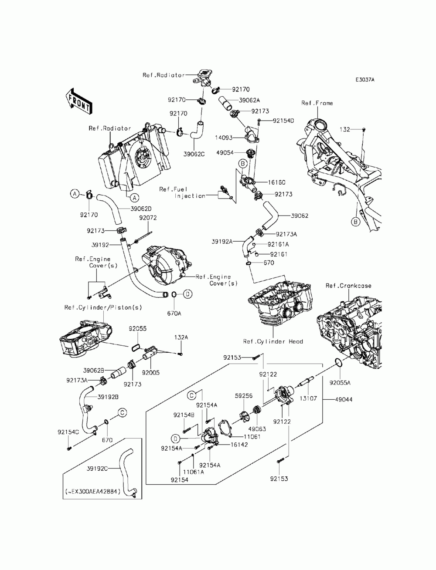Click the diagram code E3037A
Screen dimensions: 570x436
[x=364, y=80]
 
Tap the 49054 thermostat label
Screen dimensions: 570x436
[x=225, y=153]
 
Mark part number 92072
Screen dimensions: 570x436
[x=148, y=218]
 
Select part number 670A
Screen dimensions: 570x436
[x=174, y=313]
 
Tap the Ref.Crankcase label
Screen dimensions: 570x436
[x=348, y=286]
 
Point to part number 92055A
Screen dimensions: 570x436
[x=340, y=383]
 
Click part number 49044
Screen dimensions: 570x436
[x=344, y=398]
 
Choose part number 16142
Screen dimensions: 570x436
[x=239, y=445]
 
